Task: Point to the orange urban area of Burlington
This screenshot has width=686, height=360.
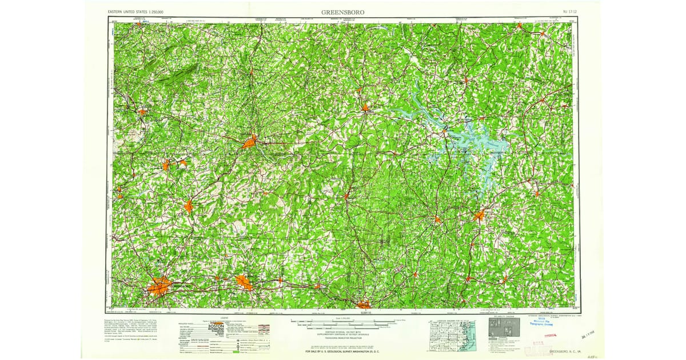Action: click(243, 282)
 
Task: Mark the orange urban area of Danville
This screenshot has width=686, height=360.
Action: click(249, 142)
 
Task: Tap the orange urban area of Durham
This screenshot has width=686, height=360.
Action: click(364, 304)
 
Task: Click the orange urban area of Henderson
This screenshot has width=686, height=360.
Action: click(478, 215)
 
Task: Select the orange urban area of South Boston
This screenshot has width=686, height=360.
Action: click(365, 107)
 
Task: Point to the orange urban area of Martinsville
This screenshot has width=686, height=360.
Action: click(141, 111)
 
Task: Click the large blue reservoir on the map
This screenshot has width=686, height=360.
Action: click(474, 143)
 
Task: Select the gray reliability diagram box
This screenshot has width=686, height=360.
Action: click(504, 327)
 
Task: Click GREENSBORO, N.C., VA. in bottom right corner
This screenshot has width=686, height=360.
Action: click(565, 351)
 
